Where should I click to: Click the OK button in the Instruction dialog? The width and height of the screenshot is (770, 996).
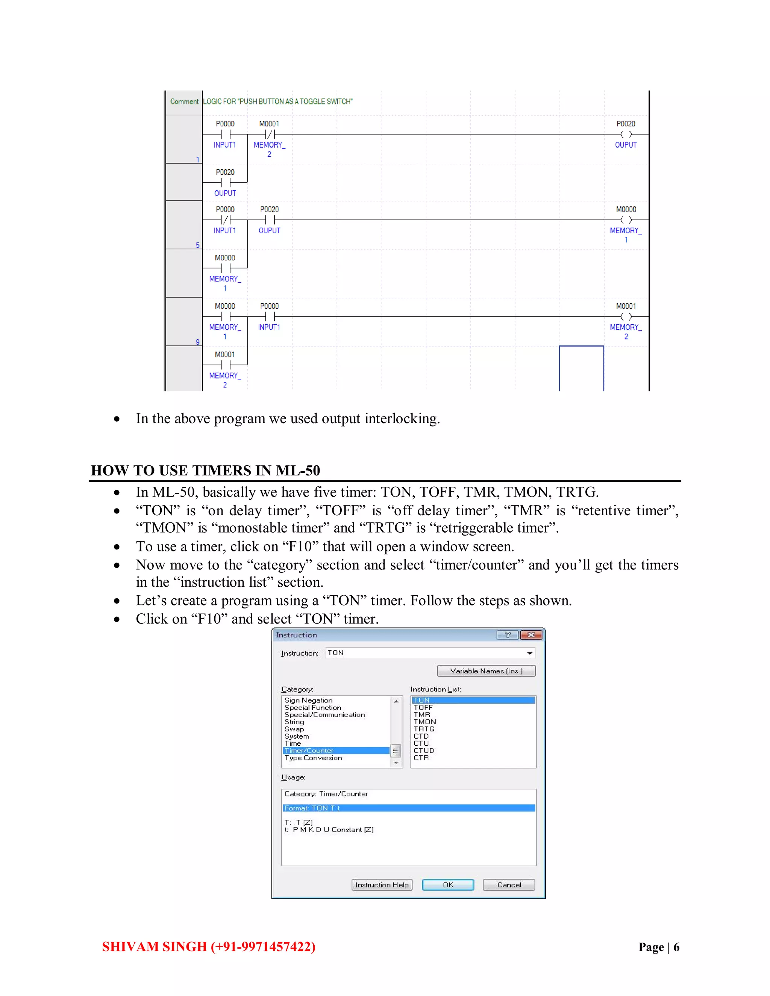pyautogui.click(x=447, y=885)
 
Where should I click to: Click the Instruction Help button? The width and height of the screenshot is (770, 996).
pyautogui.click(x=382, y=885)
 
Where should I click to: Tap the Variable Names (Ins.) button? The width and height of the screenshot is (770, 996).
pyautogui.click(x=486, y=671)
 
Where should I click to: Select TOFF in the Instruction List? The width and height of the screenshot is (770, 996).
pyautogui.click(x=423, y=707)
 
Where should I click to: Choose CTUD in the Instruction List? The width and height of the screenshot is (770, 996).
pyautogui.click(x=424, y=750)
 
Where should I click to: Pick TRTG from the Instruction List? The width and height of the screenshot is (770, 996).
pyautogui.click(x=424, y=729)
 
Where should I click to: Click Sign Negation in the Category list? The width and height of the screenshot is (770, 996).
pyautogui.click(x=308, y=700)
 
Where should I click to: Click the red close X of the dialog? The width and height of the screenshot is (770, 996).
pyautogui.click(x=531, y=635)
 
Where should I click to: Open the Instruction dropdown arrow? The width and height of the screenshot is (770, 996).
pyautogui.click(x=530, y=653)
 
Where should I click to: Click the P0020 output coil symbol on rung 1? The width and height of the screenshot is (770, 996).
pyautogui.click(x=626, y=134)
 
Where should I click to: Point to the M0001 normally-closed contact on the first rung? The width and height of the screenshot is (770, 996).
pyautogui.click(x=270, y=134)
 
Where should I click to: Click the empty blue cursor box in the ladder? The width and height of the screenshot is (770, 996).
pyautogui.click(x=581, y=368)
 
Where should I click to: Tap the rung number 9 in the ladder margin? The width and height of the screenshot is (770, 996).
pyautogui.click(x=197, y=342)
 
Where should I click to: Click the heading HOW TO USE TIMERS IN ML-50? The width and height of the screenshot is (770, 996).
pyautogui.click(x=205, y=470)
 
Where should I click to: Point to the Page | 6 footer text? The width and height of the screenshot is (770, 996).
pyautogui.click(x=659, y=947)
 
